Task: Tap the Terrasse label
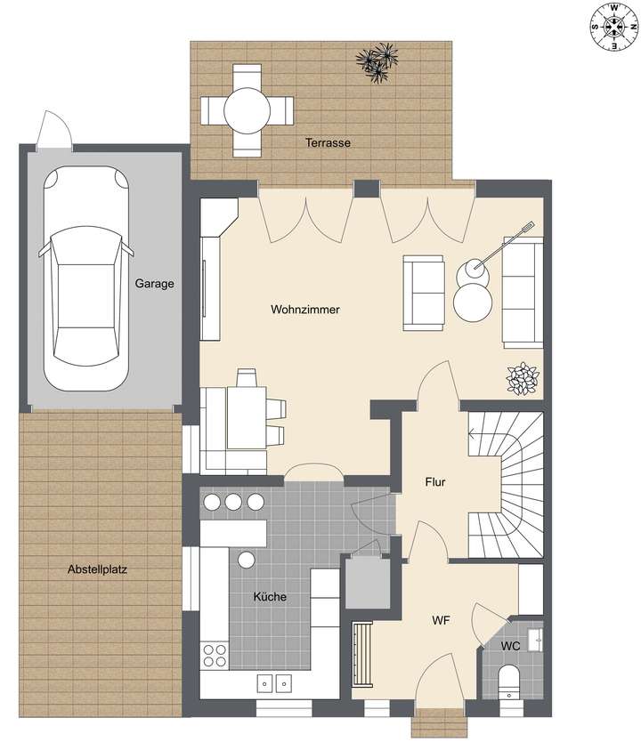[328, 143]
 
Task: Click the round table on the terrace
[247, 111]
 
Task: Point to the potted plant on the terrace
[377, 62]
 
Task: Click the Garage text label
[154, 285]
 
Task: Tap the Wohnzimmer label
[305, 310]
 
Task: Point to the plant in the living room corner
[523, 379]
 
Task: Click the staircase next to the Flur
[505, 485]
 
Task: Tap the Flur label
[434, 483]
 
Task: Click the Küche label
[270, 597]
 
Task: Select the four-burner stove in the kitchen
[215, 655]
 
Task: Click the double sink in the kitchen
[273, 683]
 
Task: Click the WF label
[441, 620]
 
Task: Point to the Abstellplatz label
[98, 570]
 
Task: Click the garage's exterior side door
[51, 132]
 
